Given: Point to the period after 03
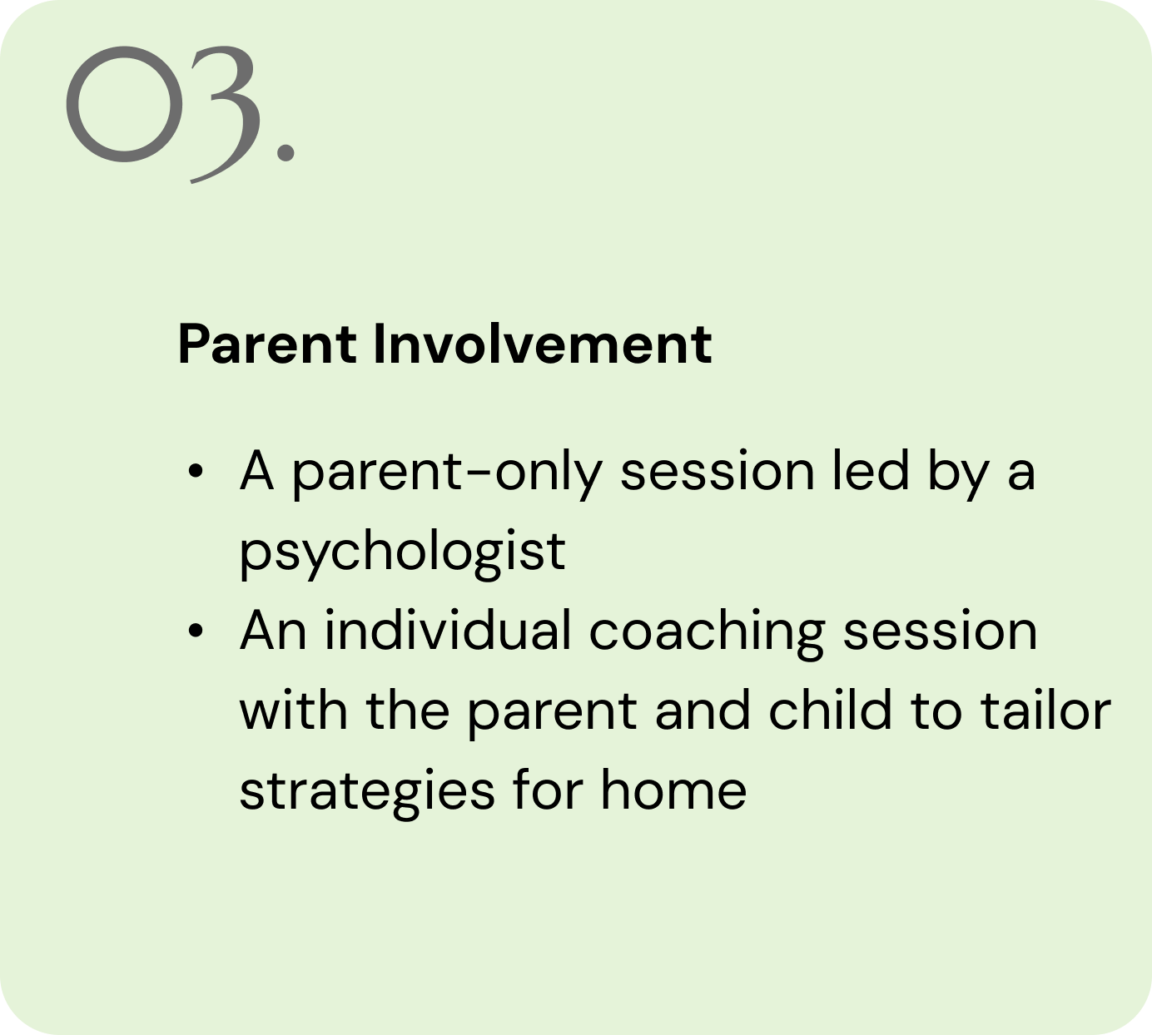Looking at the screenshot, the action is click(286, 153).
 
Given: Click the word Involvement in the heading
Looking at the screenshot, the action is click(543, 344).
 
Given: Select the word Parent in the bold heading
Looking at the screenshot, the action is click(268, 344).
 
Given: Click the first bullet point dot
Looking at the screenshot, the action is click(196, 471).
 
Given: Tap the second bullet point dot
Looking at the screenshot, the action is click(196, 631).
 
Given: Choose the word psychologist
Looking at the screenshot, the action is click(403, 553).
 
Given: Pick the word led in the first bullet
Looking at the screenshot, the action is click(871, 471).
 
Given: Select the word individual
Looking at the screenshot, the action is click(448, 630).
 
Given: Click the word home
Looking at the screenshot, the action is click(673, 789).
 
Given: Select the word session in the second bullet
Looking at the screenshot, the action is click(940, 631).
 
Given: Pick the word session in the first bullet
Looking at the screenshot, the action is click(718, 471).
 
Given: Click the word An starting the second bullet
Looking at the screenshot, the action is click(273, 631).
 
